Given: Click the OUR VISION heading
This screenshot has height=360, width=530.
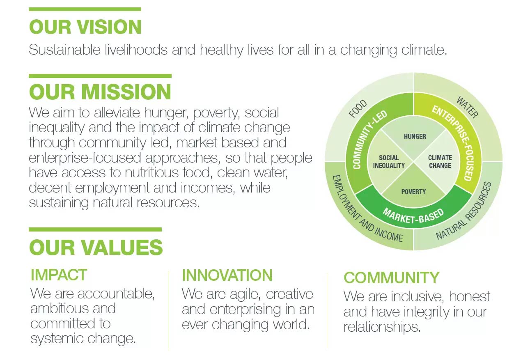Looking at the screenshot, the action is tap(85, 27).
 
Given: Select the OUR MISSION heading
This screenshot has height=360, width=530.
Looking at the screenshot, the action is tap(100, 92).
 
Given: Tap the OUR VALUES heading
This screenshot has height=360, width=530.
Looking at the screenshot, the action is tap(96, 248).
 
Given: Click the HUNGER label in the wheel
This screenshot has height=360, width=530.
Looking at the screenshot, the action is tap(415, 136).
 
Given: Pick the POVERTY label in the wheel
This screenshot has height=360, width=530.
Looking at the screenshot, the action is tap(413, 192).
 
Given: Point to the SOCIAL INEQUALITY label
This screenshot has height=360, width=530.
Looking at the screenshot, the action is tap(389, 162).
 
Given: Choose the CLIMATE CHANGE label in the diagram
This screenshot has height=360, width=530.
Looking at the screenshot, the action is tap(440, 162).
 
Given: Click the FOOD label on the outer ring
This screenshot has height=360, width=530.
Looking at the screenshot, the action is tap(358, 108).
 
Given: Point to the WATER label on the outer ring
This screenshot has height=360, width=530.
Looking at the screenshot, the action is tap(467, 107).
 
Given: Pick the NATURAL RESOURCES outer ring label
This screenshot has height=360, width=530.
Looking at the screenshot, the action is tap(464, 211).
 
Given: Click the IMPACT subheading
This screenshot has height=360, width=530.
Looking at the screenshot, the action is tap(59, 275).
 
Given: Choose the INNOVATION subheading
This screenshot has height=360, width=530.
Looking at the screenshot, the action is tap(227, 275).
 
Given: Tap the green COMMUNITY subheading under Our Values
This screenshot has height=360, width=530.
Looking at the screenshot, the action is tap(391, 277).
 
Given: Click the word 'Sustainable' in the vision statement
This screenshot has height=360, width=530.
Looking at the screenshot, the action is tap(64, 50).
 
